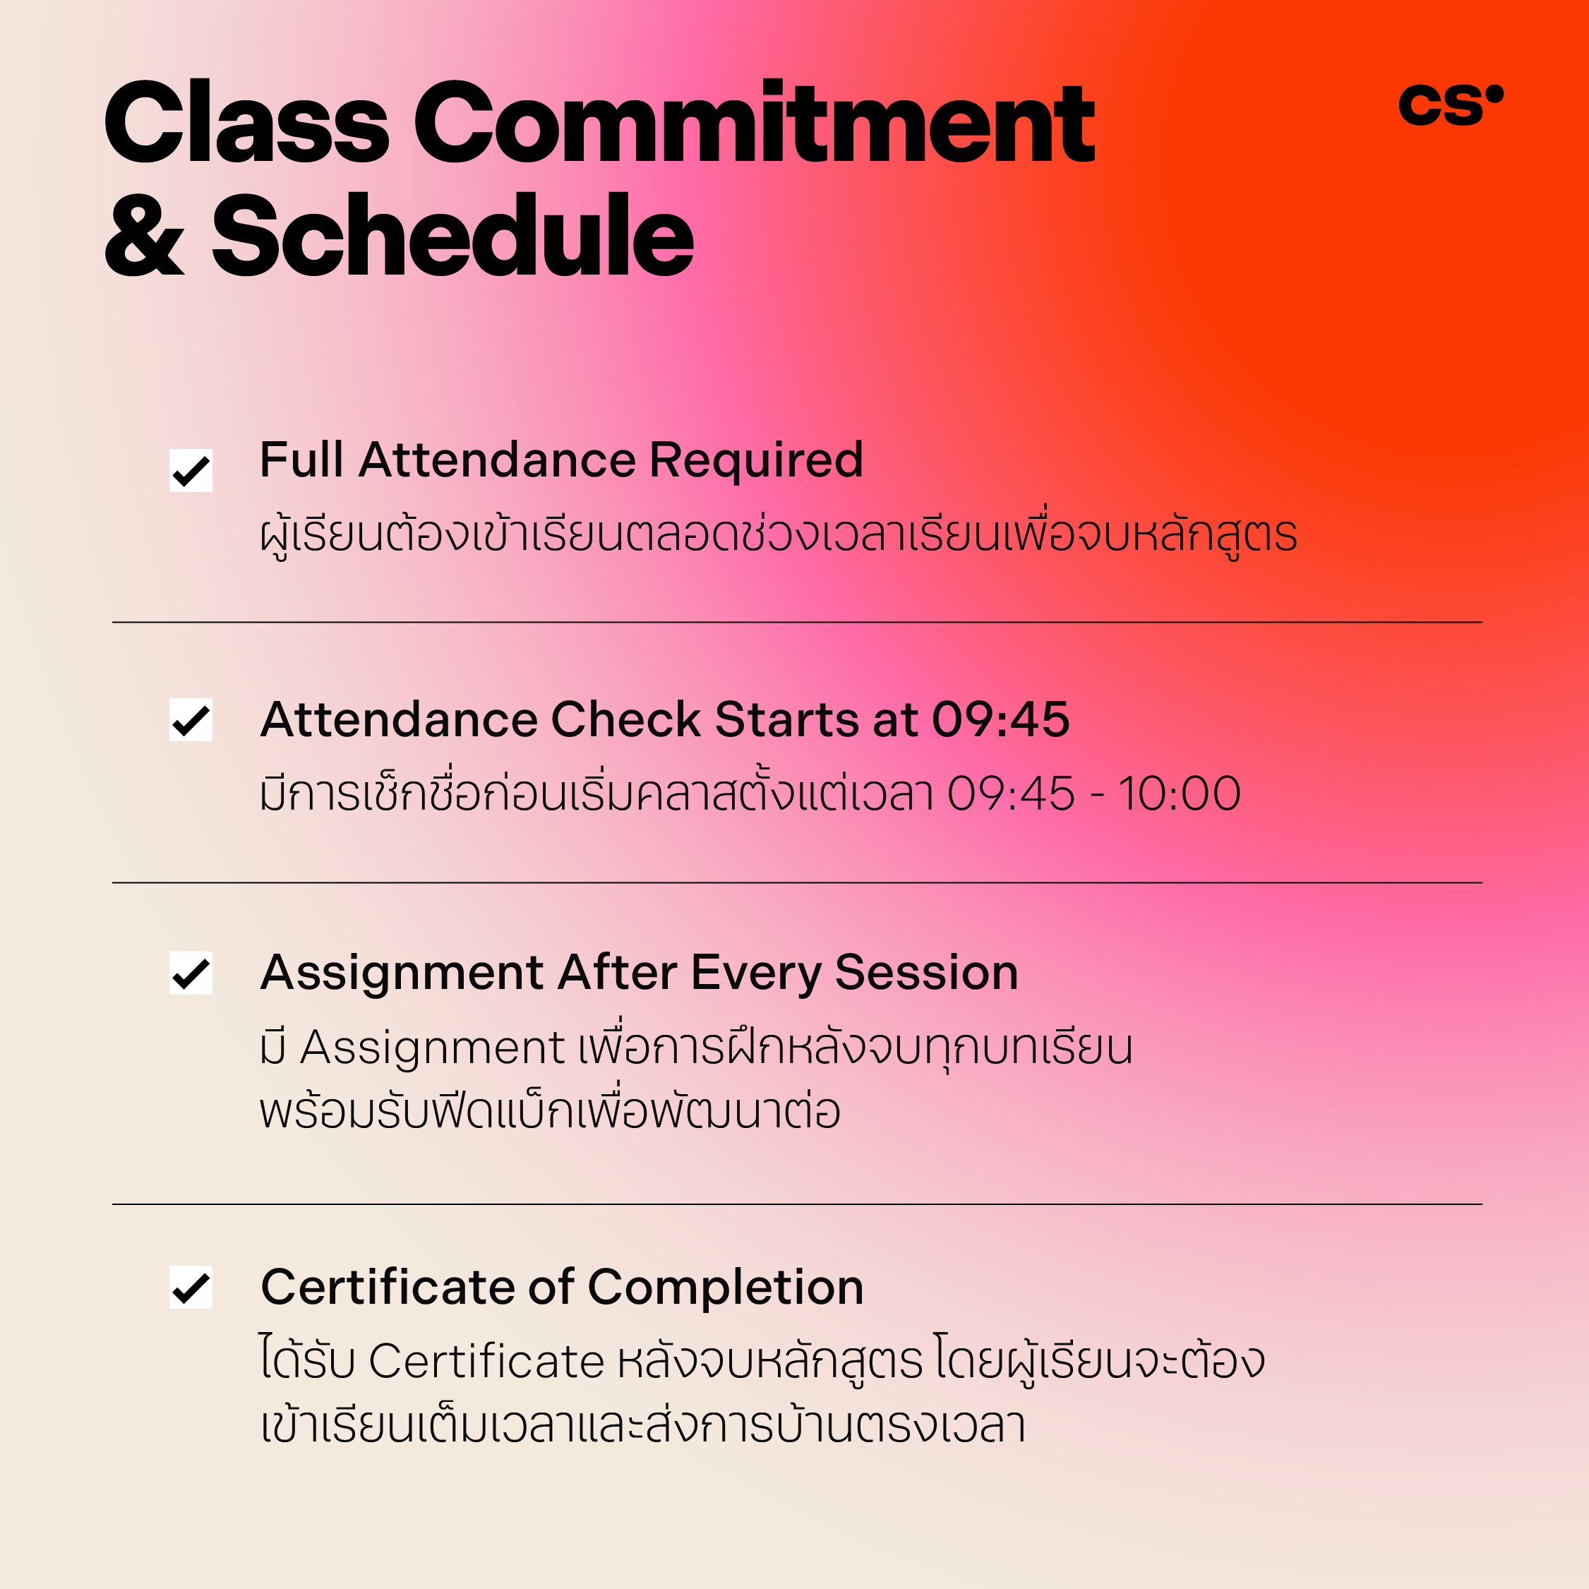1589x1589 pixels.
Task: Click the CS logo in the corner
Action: click(x=1451, y=105)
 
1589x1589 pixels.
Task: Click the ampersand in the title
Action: click(x=145, y=237)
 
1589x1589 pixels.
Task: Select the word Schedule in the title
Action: click(x=453, y=235)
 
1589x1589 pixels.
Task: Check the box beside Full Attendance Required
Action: click(x=191, y=470)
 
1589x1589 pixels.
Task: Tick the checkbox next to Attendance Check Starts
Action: click(x=191, y=719)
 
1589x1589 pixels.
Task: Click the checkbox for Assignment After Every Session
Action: click(x=191, y=973)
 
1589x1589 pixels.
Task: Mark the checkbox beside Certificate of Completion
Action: click(x=191, y=1287)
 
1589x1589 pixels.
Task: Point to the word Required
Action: click(x=757, y=462)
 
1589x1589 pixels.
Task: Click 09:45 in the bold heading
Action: click(x=1001, y=719)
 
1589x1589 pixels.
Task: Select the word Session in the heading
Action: click(x=927, y=972)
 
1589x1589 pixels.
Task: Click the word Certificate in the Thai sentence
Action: click(x=487, y=1361)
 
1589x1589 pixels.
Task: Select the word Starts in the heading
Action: click(x=787, y=719)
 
